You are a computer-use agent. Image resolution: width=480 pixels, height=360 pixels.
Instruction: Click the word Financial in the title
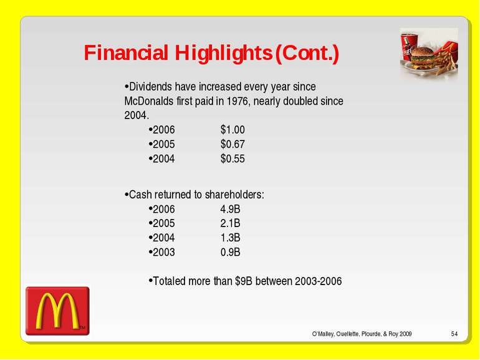[x=126, y=52]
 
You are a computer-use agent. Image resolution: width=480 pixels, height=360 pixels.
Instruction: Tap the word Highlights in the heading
[x=223, y=54]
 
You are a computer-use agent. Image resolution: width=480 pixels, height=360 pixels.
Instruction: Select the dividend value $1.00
[x=233, y=130]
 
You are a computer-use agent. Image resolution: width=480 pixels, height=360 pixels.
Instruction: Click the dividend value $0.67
[x=233, y=144]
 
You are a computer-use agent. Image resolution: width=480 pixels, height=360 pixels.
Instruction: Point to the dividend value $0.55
[x=233, y=158]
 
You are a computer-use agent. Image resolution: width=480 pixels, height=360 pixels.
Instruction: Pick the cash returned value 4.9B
[x=230, y=209]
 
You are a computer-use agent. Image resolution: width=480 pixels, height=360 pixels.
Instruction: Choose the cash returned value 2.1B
[x=230, y=223]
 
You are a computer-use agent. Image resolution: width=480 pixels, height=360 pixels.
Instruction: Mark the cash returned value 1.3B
[x=230, y=238]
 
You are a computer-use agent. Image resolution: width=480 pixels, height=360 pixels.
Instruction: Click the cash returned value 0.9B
[x=230, y=252]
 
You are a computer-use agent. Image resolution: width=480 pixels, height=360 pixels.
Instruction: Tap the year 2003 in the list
[x=163, y=252]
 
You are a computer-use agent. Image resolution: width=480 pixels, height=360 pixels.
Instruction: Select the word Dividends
[x=150, y=87]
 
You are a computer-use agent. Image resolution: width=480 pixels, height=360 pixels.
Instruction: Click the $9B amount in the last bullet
[x=243, y=281]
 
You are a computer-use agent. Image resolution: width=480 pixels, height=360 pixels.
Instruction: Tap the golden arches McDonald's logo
[x=57, y=311]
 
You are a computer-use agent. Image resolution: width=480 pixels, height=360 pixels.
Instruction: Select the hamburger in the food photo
[x=423, y=57]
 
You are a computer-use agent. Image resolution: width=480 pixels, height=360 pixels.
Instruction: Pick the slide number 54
[x=454, y=334]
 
